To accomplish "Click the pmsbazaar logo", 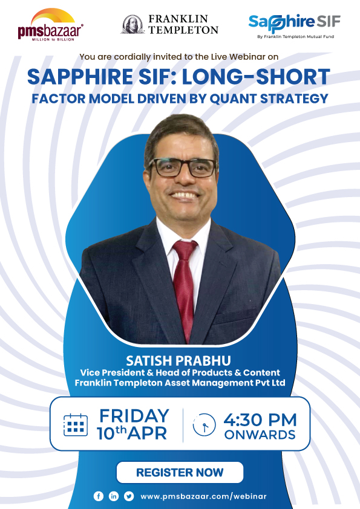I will [50, 25].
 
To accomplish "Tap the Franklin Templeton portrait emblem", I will [133, 24].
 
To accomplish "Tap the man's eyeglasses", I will [182, 167].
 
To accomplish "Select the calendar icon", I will [76, 425].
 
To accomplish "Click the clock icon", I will [204, 426].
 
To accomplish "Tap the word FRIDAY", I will [134, 416].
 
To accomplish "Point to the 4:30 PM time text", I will [260, 419].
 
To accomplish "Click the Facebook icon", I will [99, 496].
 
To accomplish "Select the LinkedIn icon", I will [114, 496].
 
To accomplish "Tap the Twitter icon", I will [129, 496].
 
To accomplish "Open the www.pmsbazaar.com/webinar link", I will [203, 496].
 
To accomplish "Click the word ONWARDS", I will [260, 435].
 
